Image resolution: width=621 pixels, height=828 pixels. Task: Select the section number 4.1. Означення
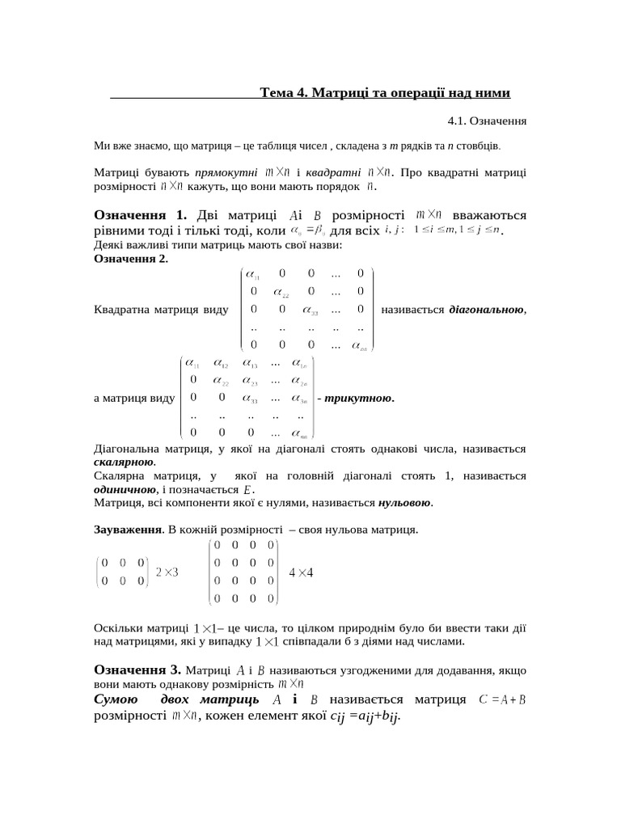click(x=487, y=121)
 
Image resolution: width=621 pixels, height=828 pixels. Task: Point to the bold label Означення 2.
click(x=131, y=259)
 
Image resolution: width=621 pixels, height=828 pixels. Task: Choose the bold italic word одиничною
click(x=125, y=489)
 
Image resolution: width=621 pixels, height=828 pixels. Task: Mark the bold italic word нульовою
click(x=404, y=503)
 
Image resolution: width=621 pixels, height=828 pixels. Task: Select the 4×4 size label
click(x=301, y=572)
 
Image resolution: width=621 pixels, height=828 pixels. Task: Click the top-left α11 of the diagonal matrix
click(x=262, y=275)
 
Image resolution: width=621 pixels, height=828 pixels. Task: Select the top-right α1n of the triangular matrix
click(x=299, y=364)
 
